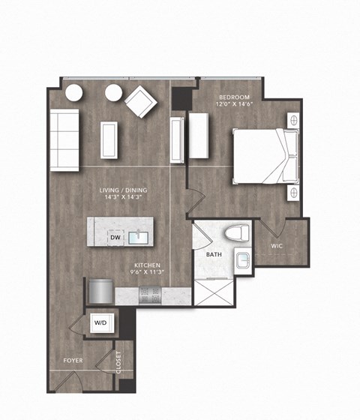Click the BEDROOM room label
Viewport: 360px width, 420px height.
[x=235, y=97]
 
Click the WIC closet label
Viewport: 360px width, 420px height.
[x=277, y=245]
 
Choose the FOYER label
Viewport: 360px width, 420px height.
[x=73, y=361]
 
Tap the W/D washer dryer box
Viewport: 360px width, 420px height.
[x=100, y=322]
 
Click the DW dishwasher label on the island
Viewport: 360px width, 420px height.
[x=115, y=238]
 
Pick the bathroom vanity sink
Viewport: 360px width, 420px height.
[x=244, y=262]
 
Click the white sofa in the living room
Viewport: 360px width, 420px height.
[x=65, y=139]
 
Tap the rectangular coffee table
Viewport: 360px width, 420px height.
[x=109, y=139]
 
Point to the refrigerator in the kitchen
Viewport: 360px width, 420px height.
[x=100, y=290]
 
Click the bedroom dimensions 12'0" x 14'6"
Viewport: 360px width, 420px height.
[x=235, y=106]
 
